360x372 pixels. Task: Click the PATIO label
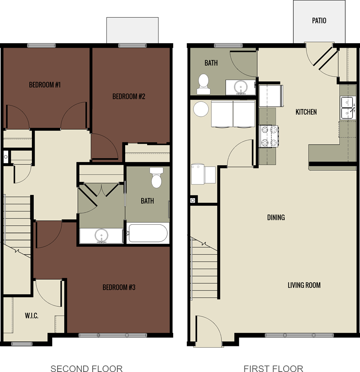[x=319, y=21]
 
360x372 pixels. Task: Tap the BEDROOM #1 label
[x=45, y=85]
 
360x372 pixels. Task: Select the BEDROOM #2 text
[x=129, y=96]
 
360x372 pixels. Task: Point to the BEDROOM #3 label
[x=119, y=287]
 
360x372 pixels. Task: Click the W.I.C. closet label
[x=31, y=316]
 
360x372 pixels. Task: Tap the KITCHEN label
[x=306, y=112]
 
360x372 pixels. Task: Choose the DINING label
[x=276, y=218]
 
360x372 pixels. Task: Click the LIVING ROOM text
[x=304, y=285]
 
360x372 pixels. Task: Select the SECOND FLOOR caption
[x=86, y=368]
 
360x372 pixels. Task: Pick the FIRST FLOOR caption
[x=273, y=368]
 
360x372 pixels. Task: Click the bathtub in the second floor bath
[x=148, y=234]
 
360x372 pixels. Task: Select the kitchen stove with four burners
[x=269, y=136]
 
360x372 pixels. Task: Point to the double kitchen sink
[x=348, y=108]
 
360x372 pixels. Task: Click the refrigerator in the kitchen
[x=270, y=95]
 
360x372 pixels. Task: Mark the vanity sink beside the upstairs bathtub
[x=101, y=236]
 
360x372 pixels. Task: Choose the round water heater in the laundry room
[x=200, y=109]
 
